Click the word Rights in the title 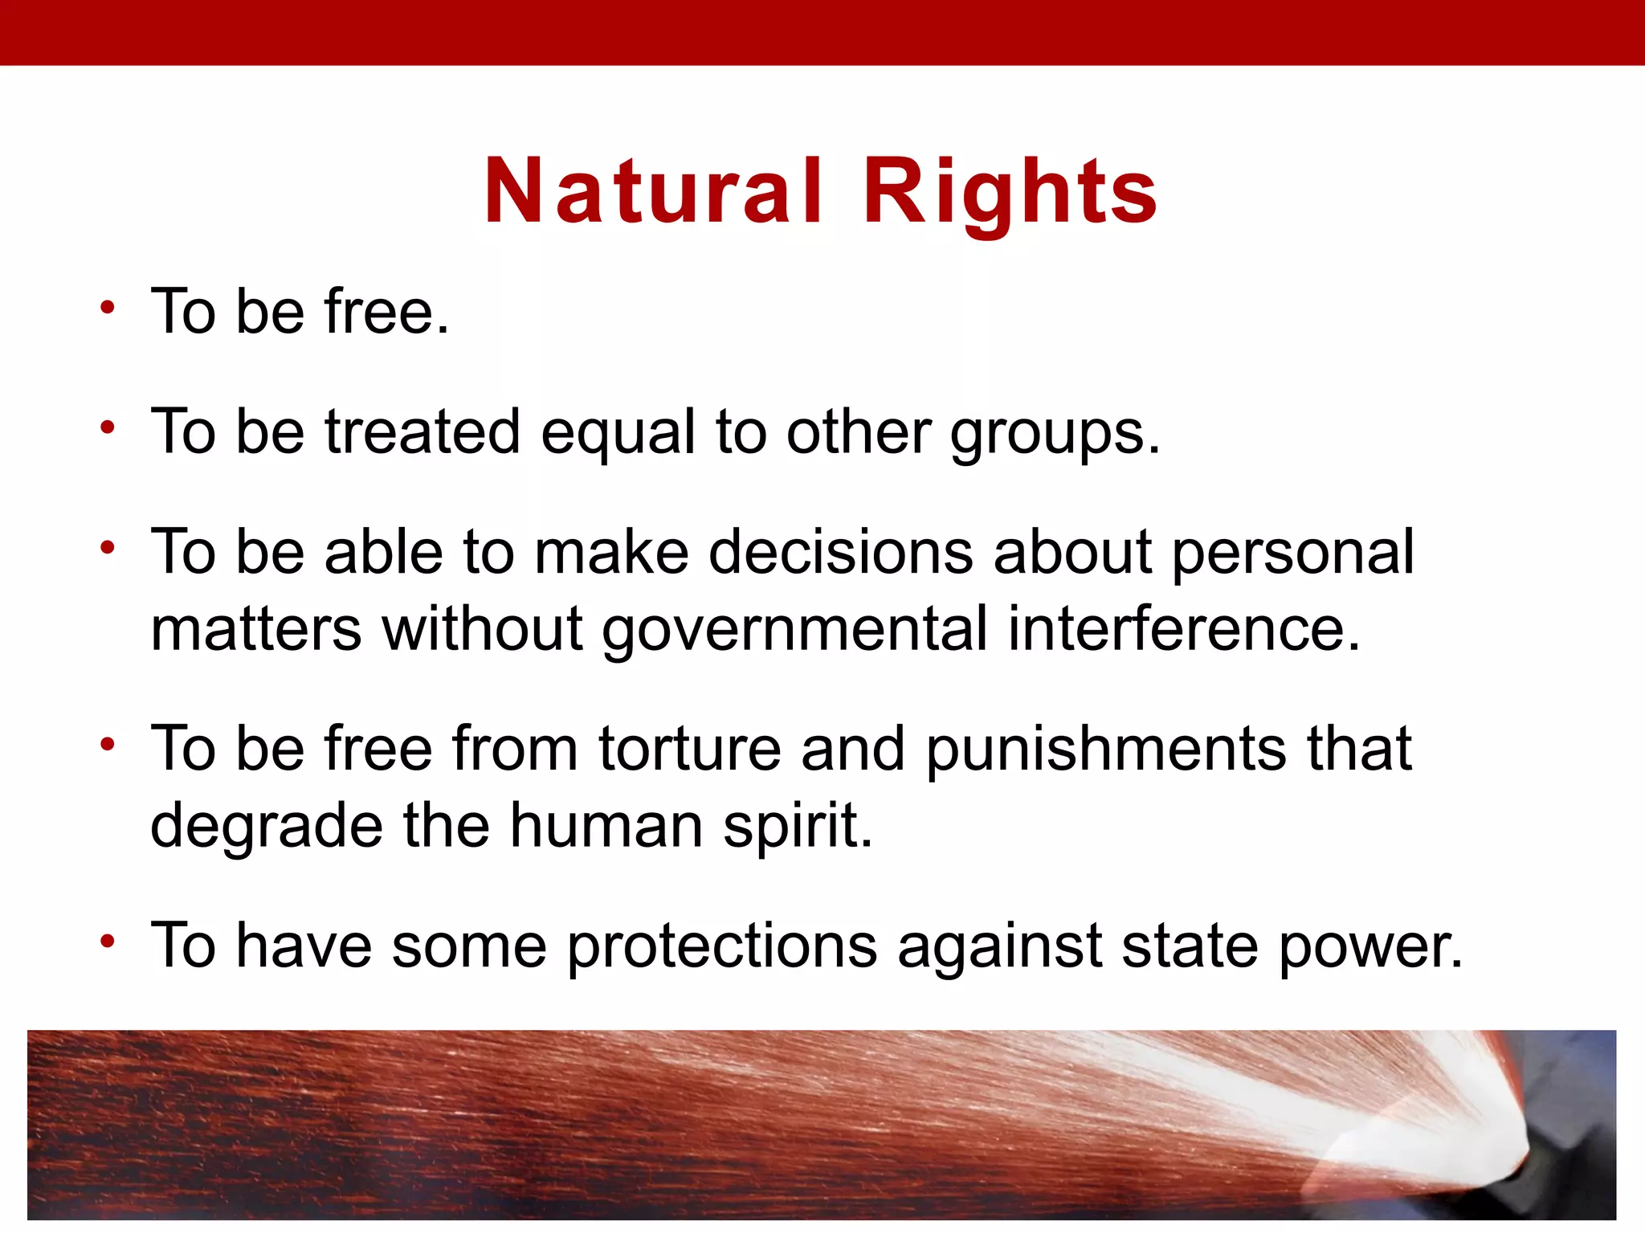pyautogui.click(x=1010, y=193)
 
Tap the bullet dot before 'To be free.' pyautogui.click(x=108, y=307)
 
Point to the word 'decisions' pyautogui.click(x=841, y=553)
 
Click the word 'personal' pyautogui.click(x=1292, y=553)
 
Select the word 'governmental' pyautogui.click(x=794, y=630)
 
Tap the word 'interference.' pyautogui.click(x=1184, y=630)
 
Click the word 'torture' pyautogui.click(x=689, y=749)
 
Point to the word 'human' pyautogui.click(x=606, y=826)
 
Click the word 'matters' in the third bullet pyautogui.click(x=255, y=630)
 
